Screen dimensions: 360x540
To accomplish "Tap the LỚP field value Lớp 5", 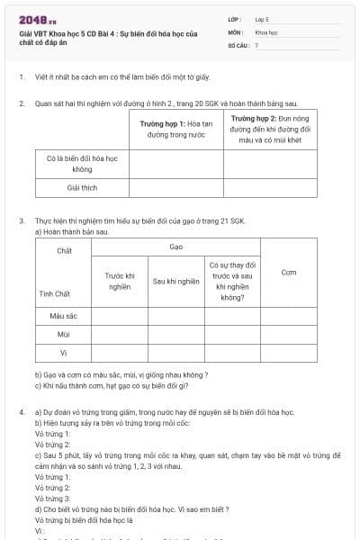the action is click(262, 18).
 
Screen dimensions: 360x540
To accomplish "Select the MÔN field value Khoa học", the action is click(265, 31).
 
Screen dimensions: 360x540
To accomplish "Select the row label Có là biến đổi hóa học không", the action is click(82, 163).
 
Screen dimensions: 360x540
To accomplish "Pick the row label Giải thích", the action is click(82, 188).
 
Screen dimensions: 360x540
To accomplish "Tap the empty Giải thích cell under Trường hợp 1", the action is click(175, 188).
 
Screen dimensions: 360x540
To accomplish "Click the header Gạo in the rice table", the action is click(175, 246).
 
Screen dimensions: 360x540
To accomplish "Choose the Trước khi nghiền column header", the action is click(120, 281).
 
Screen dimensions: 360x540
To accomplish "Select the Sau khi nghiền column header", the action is click(175, 281).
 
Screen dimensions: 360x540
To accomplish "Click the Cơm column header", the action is click(288, 272).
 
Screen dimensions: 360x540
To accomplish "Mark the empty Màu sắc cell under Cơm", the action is click(288, 316).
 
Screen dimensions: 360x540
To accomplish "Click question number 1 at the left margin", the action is click(20, 77).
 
